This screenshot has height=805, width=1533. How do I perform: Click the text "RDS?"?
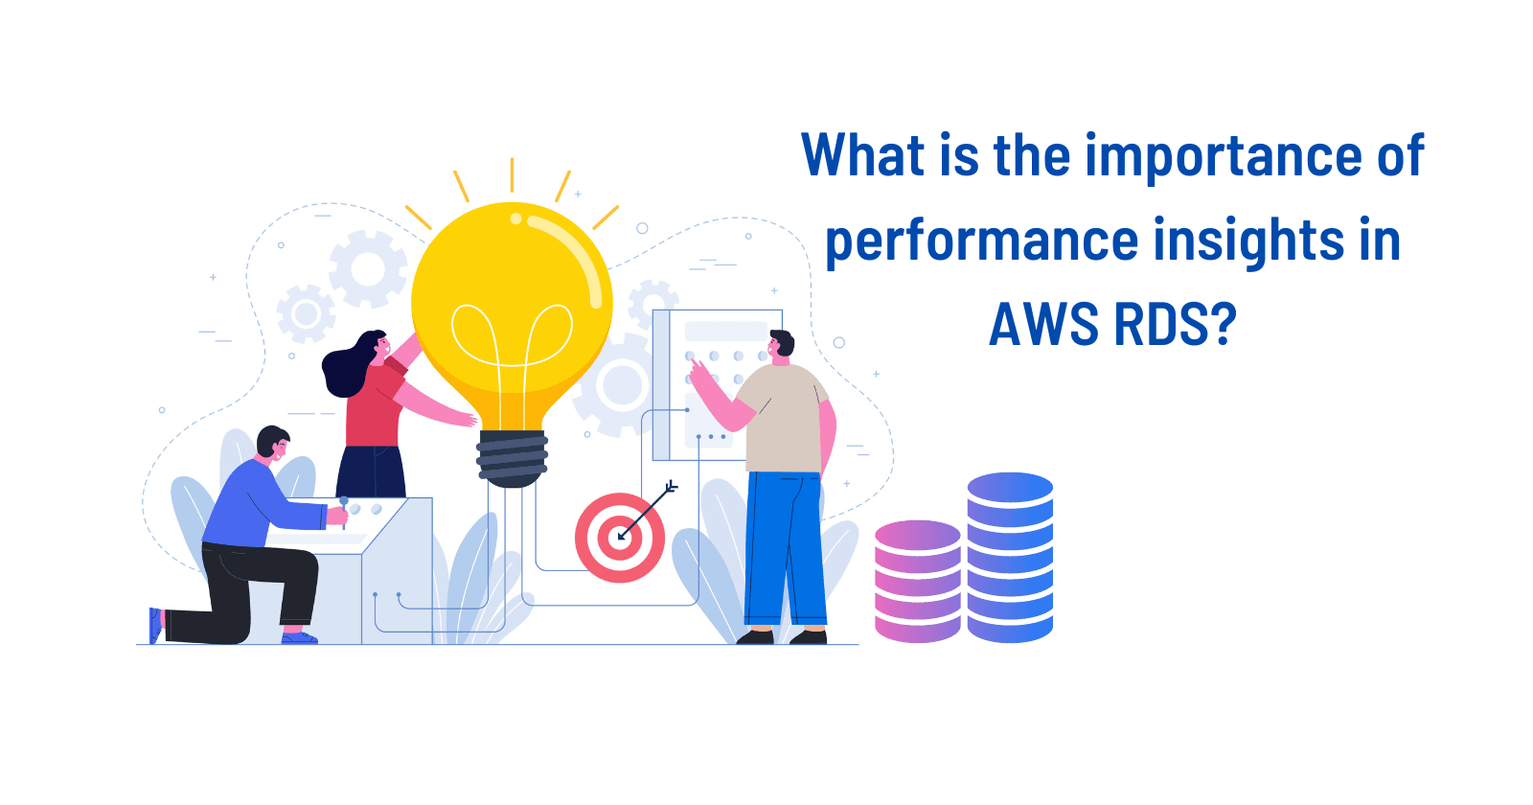click(1175, 324)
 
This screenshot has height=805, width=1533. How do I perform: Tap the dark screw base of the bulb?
click(513, 457)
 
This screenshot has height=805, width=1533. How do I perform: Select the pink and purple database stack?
click(917, 581)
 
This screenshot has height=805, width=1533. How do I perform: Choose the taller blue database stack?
click(1010, 557)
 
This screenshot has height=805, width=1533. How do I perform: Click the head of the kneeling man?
click(273, 443)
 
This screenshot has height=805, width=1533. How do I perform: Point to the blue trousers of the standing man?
click(785, 546)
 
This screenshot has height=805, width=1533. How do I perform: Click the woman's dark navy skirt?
click(372, 471)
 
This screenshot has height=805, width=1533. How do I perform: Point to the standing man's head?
click(781, 343)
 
